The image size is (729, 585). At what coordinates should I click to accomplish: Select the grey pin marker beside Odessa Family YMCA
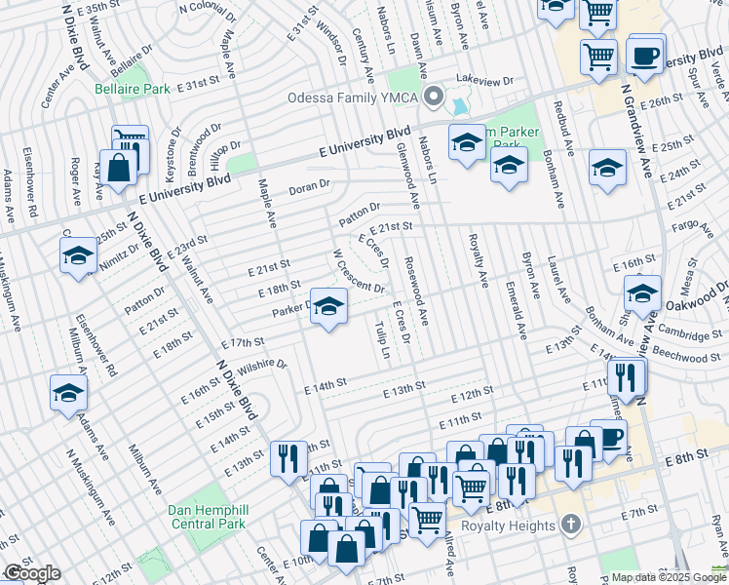coord(433,97)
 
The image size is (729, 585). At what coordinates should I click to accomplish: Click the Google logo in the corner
coord(31,573)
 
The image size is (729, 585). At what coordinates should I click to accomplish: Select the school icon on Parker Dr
coord(328,307)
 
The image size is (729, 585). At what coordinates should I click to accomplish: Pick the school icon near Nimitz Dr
coord(78,256)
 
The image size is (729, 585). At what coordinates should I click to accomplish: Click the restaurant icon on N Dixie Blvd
coord(288,458)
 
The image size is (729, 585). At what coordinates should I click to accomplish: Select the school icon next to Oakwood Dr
coord(642,293)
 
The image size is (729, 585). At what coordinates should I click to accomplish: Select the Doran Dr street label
coord(310,183)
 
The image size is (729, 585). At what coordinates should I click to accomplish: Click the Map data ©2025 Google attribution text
coord(668,577)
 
